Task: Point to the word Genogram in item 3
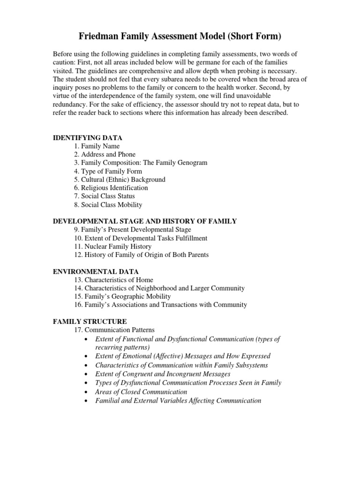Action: [190, 163]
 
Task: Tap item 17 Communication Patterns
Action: [114, 330]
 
